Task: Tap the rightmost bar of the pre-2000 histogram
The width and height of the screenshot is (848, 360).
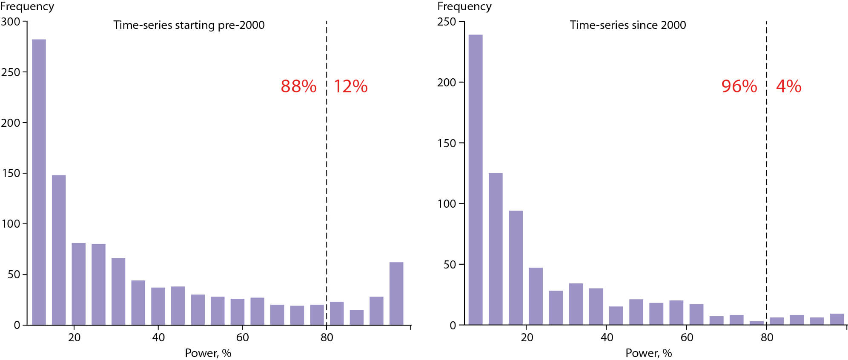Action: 396,294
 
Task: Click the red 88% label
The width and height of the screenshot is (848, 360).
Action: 298,86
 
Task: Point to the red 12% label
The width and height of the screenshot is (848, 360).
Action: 350,86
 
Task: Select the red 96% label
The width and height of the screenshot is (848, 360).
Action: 739,86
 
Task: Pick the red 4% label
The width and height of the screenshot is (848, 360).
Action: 788,86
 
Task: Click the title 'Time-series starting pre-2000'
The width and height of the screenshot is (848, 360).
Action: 189,25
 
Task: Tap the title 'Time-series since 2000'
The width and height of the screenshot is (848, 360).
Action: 628,25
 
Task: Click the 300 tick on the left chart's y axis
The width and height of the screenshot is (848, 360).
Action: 11,22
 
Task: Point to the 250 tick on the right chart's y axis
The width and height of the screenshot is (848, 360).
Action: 446,22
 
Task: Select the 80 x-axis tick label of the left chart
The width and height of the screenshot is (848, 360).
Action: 327,337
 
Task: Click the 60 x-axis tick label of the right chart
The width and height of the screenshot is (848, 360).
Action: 687,337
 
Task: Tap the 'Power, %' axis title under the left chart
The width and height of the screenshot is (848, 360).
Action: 208,353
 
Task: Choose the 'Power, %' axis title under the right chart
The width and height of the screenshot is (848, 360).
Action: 649,353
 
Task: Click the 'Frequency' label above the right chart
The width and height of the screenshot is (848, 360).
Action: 464,6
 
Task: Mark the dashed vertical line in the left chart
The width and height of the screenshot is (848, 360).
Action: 327,170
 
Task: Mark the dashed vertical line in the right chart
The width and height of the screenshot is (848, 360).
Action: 767,170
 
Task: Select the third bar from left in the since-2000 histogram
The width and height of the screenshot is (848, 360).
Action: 516,268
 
